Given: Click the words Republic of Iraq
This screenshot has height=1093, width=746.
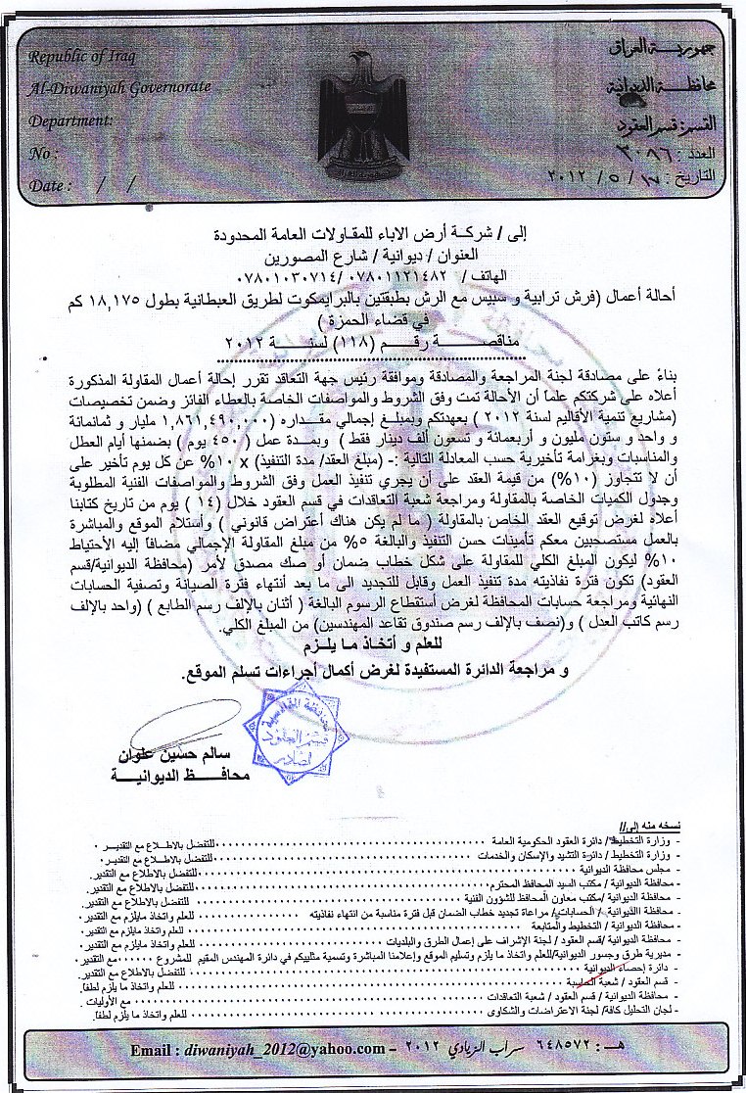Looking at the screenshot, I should point(77,59).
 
